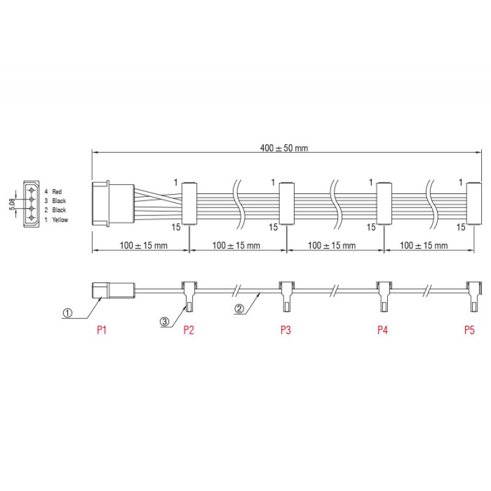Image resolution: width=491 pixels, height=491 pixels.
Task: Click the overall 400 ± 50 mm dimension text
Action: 284,148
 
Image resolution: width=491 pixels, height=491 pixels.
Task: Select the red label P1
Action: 102,330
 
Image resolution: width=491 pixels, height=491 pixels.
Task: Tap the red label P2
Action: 189,330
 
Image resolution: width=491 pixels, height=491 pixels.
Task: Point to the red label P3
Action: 285,330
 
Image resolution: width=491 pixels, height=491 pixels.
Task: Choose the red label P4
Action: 382,330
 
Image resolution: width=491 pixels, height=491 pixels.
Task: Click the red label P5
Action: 470,330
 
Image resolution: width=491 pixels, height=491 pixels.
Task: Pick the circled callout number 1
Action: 68,312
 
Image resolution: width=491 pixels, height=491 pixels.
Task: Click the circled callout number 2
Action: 240,309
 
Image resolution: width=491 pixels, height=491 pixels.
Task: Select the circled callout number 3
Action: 164,320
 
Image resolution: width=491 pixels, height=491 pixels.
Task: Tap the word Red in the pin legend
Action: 57,191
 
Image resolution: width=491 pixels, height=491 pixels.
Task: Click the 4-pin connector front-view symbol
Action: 31,205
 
